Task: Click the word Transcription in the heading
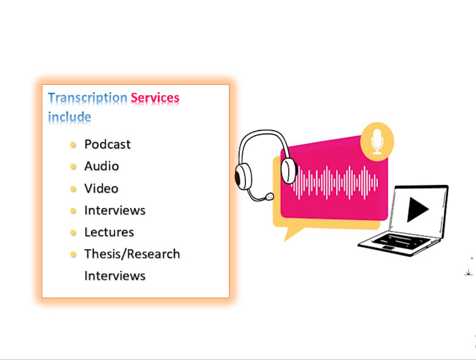point(87,98)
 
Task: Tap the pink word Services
point(155,98)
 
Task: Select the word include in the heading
point(69,117)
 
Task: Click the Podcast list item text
point(108,144)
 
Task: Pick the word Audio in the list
point(101,166)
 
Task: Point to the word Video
point(101,188)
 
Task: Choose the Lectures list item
point(109,232)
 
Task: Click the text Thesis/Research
point(132,254)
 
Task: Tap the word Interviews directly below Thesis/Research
point(115,276)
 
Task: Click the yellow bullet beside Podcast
point(73,145)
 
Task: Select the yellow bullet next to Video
point(73,189)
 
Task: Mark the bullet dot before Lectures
point(73,233)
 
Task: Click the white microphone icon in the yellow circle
point(377,141)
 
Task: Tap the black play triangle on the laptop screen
point(417,209)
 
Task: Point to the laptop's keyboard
point(400,241)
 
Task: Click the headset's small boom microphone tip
point(269,197)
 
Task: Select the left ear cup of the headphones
point(243,176)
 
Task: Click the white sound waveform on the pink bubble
point(334,183)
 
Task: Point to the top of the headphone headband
point(265,132)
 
